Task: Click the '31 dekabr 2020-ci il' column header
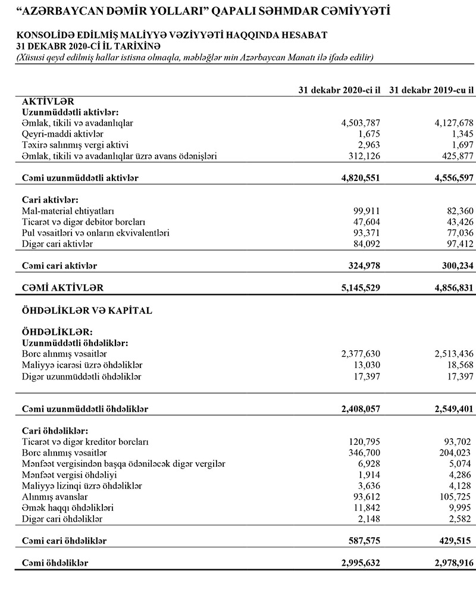[x=339, y=90]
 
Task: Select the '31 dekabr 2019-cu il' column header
[x=432, y=90]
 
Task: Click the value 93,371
[x=364, y=233]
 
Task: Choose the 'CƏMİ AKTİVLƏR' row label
[x=62, y=287]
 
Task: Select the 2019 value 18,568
[x=458, y=364]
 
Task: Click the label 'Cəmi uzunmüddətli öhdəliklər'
[x=84, y=409]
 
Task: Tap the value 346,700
[x=362, y=453]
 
